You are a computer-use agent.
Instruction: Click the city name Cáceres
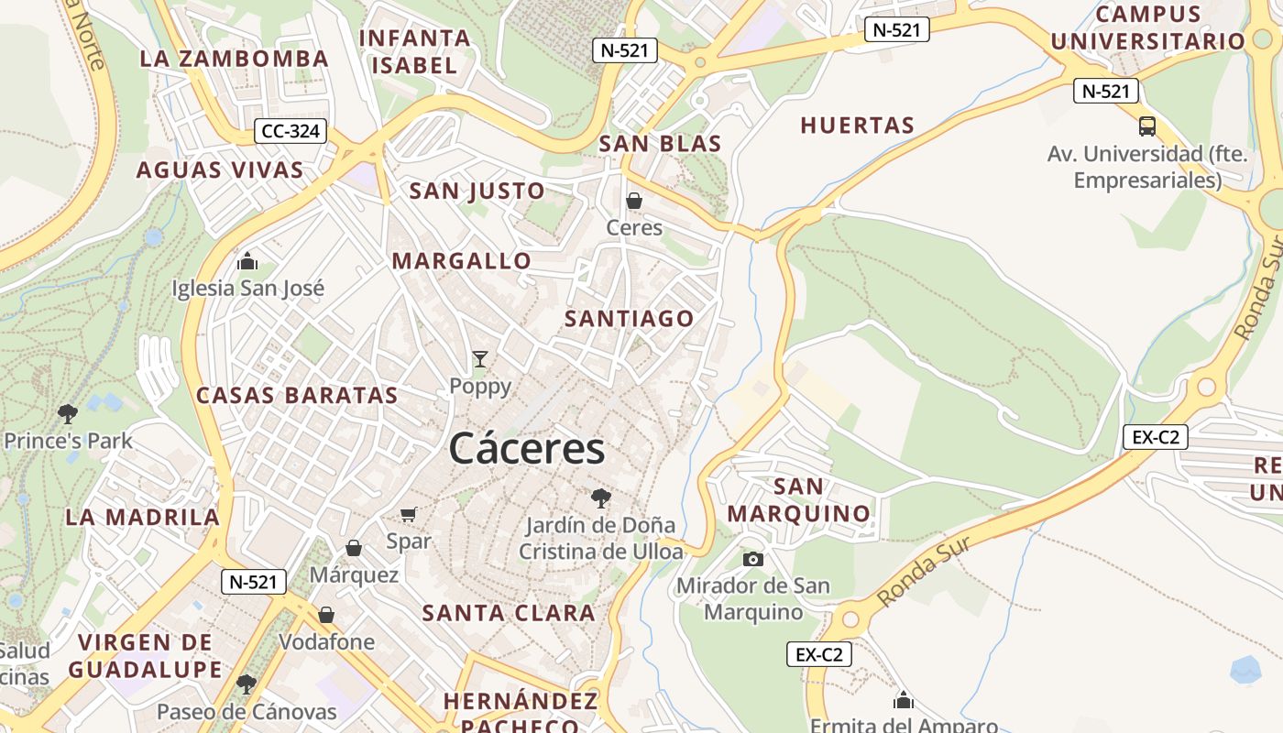527,449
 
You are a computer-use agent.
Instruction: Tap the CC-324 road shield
291,131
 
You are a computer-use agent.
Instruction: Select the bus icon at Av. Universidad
1147,126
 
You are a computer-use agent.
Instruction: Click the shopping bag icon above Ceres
633,200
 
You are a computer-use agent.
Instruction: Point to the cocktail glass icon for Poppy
480,359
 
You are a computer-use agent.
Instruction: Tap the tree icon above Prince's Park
67,413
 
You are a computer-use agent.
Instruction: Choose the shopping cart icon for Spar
409,515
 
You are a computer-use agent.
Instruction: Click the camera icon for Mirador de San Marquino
752,558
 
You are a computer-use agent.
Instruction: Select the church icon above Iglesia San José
247,262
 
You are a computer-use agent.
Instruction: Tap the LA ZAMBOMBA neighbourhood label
234,59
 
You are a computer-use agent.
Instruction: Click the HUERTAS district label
858,126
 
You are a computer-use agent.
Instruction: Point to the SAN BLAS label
660,144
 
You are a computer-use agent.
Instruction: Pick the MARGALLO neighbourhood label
462,261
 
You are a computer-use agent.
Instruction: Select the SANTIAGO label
630,319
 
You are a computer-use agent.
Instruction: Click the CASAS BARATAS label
297,396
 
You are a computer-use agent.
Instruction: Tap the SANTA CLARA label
509,613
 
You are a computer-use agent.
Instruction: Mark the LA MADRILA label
143,517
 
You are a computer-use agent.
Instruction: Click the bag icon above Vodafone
326,615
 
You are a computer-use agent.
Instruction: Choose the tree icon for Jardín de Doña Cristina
601,498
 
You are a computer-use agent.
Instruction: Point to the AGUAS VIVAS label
220,170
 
